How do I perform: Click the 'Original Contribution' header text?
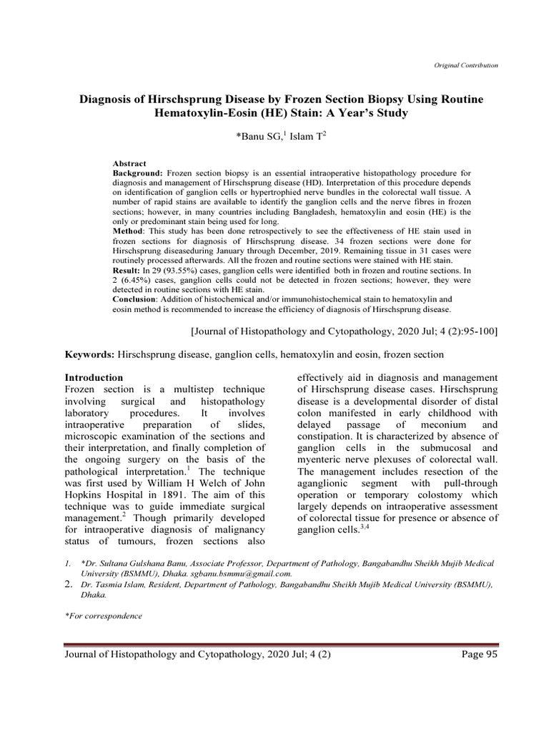[x=465, y=65]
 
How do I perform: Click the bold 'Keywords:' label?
[x=90, y=354]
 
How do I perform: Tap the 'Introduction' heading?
[x=94, y=377]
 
